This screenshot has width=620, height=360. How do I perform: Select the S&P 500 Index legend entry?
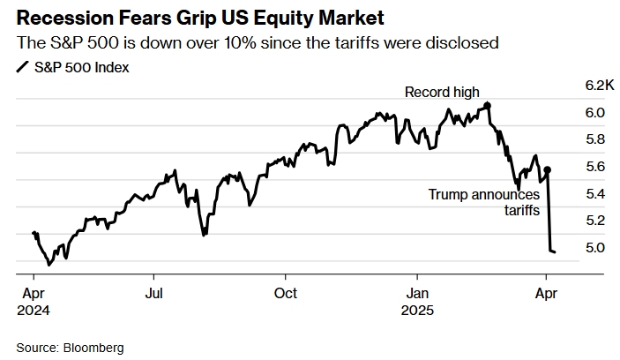(80, 67)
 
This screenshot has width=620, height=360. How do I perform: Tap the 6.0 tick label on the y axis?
(595, 112)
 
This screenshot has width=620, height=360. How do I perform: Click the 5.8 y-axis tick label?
(595, 139)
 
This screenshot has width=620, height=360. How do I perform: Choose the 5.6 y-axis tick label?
(595, 166)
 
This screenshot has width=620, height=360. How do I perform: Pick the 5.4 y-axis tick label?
(595, 193)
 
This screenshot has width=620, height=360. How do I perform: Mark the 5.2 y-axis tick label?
(595, 220)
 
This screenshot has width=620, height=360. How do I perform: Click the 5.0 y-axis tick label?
(595, 247)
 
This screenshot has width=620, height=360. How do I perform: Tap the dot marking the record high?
(488, 105)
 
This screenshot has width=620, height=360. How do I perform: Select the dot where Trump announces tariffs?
(548, 169)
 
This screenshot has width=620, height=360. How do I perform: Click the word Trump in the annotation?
(448, 194)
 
